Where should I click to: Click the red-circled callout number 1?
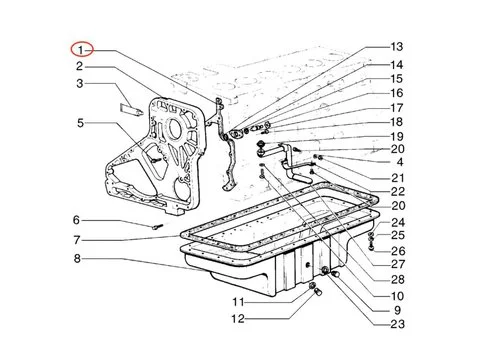point(80,50)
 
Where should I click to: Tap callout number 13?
point(397,47)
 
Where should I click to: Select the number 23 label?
point(397,324)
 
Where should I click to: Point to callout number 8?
point(77,258)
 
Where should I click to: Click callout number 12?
point(238,319)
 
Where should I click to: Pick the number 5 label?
point(80,123)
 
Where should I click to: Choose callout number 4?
point(400,162)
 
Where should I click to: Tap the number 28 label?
point(398,279)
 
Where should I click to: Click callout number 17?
point(397,108)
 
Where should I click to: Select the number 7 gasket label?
point(77,240)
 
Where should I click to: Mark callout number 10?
point(397,296)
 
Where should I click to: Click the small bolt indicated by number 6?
point(157,227)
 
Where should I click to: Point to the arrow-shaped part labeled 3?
point(131,110)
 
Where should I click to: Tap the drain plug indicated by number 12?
point(319,292)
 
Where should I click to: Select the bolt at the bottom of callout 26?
point(371,248)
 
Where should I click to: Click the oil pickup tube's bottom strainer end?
point(303,179)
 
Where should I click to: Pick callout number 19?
point(397,136)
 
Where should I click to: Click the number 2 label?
point(79,66)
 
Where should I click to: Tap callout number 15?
point(397,79)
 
